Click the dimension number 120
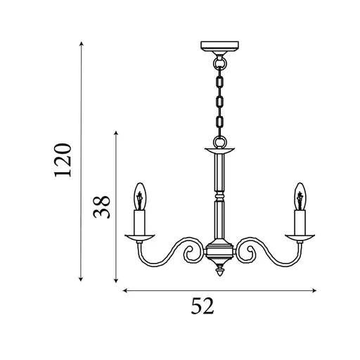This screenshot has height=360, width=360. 63,160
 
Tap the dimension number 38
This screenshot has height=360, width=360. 101,207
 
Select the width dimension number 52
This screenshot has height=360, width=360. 202,306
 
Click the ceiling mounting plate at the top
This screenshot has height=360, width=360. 219,46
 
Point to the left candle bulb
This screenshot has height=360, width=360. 140,196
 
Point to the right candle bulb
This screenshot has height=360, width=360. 300,196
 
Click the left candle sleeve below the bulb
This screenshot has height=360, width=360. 139,222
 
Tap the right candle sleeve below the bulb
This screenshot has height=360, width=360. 300,222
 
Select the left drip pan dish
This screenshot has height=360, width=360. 140,237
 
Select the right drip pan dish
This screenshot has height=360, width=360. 300,237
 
